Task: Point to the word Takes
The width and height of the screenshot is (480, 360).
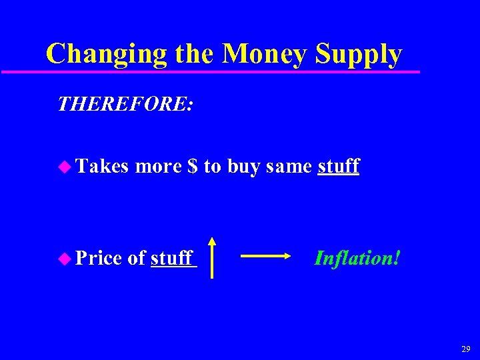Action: coord(101,165)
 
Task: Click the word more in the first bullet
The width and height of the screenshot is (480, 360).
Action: coord(159,165)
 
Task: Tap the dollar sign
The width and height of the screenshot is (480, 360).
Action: coord(193,165)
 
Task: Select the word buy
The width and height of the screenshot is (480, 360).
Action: coord(244,167)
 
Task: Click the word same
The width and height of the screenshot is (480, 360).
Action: coord(289,166)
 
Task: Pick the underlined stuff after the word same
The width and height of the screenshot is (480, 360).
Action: coord(339,165)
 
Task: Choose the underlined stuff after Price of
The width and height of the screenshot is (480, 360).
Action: coord(172,257)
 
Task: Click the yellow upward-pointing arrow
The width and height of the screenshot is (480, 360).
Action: coord(212,257)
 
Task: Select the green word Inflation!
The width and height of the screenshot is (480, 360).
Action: coord(357,257)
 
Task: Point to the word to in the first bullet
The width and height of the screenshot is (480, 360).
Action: coord(212,166)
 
